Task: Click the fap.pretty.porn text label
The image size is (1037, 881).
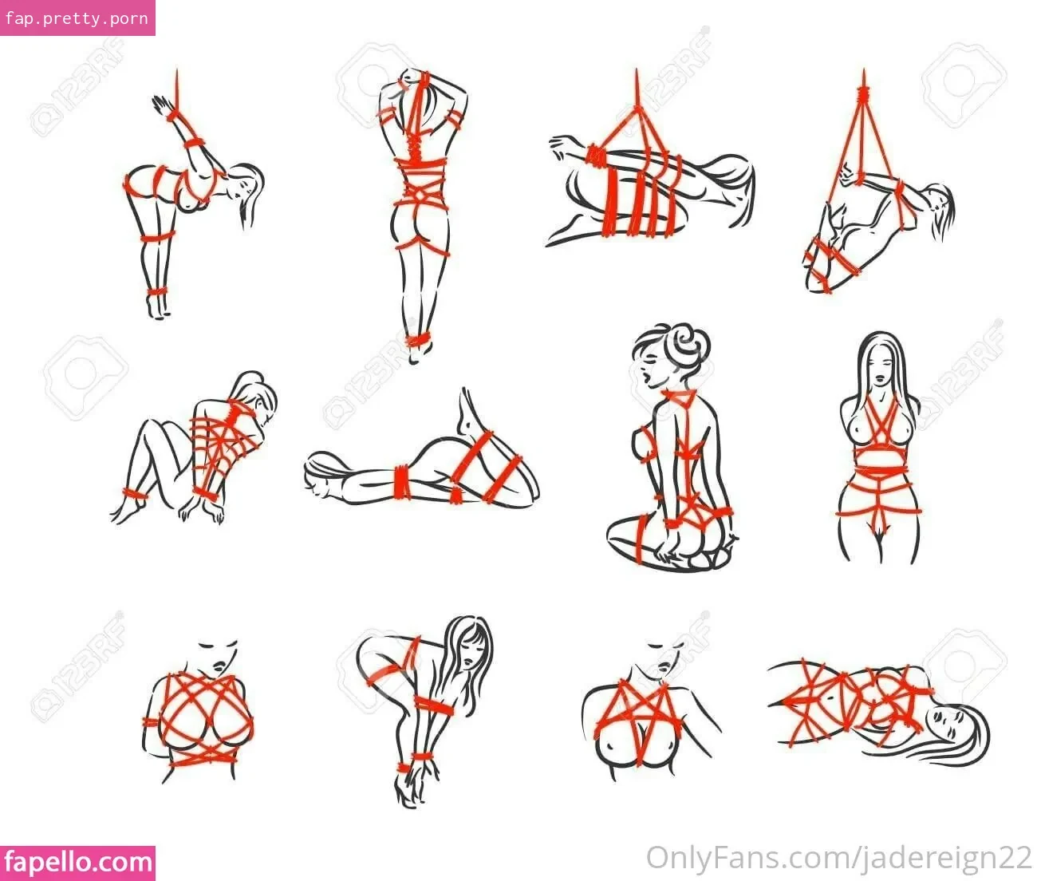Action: pyautogui.click(x=77, y=18)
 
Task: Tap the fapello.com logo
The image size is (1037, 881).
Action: pyautogui.click(x=77, y=863)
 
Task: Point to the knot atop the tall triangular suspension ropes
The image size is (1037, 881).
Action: pyautogui.click(x=863, y=93)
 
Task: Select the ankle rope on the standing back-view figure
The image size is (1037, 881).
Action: pyautogui.click(x=418, y=340)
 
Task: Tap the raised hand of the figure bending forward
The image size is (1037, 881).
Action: pyautogui.click(x=162, y=105)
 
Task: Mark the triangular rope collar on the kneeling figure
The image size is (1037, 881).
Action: pyautogui.click(x=680, y=398)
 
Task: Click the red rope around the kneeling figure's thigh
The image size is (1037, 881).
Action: pyautogui.click(x=641, y=539)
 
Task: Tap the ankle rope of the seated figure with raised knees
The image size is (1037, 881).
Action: pyautogui.click(x=133, y=495)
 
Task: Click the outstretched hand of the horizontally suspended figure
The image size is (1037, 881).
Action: pyautogui.click(x=562, y=145)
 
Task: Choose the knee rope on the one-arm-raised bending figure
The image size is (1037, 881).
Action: pyautogui.click(x=157, y=236)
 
